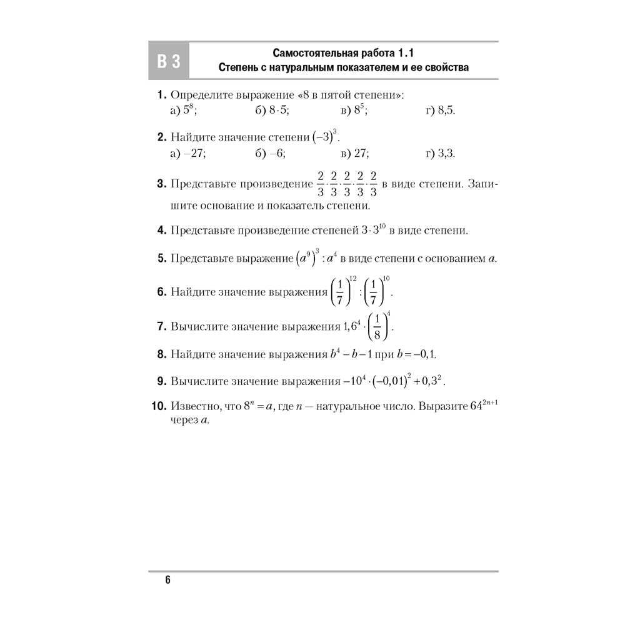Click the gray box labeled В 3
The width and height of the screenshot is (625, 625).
[168, 61]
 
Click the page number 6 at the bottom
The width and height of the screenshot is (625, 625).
[167, 579]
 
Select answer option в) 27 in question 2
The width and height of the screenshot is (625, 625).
[355, 152]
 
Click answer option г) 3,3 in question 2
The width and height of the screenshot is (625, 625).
[441, 152]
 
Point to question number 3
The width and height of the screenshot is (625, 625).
[161, 184]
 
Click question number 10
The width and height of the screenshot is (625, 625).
[158, 407]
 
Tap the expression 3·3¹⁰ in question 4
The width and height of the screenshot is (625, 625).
[374, 230]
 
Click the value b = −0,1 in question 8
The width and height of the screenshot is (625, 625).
[416, 354]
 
